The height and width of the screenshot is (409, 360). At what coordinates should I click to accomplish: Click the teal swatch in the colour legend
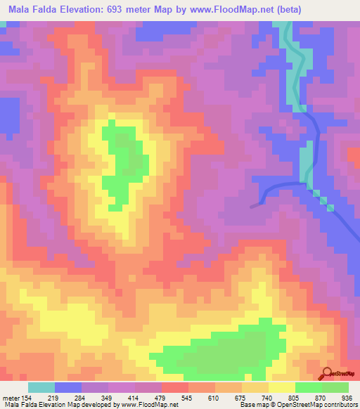[41, 387]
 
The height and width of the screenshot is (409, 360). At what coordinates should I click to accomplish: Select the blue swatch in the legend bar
[68, 387]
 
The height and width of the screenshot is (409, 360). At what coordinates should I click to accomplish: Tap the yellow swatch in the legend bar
[281, 387]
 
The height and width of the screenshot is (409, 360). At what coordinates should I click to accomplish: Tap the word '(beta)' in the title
[336, 10]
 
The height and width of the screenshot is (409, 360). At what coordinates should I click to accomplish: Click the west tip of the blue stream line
[252, 206]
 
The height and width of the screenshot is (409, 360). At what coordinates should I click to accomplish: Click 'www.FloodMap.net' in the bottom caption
[148, 405]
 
